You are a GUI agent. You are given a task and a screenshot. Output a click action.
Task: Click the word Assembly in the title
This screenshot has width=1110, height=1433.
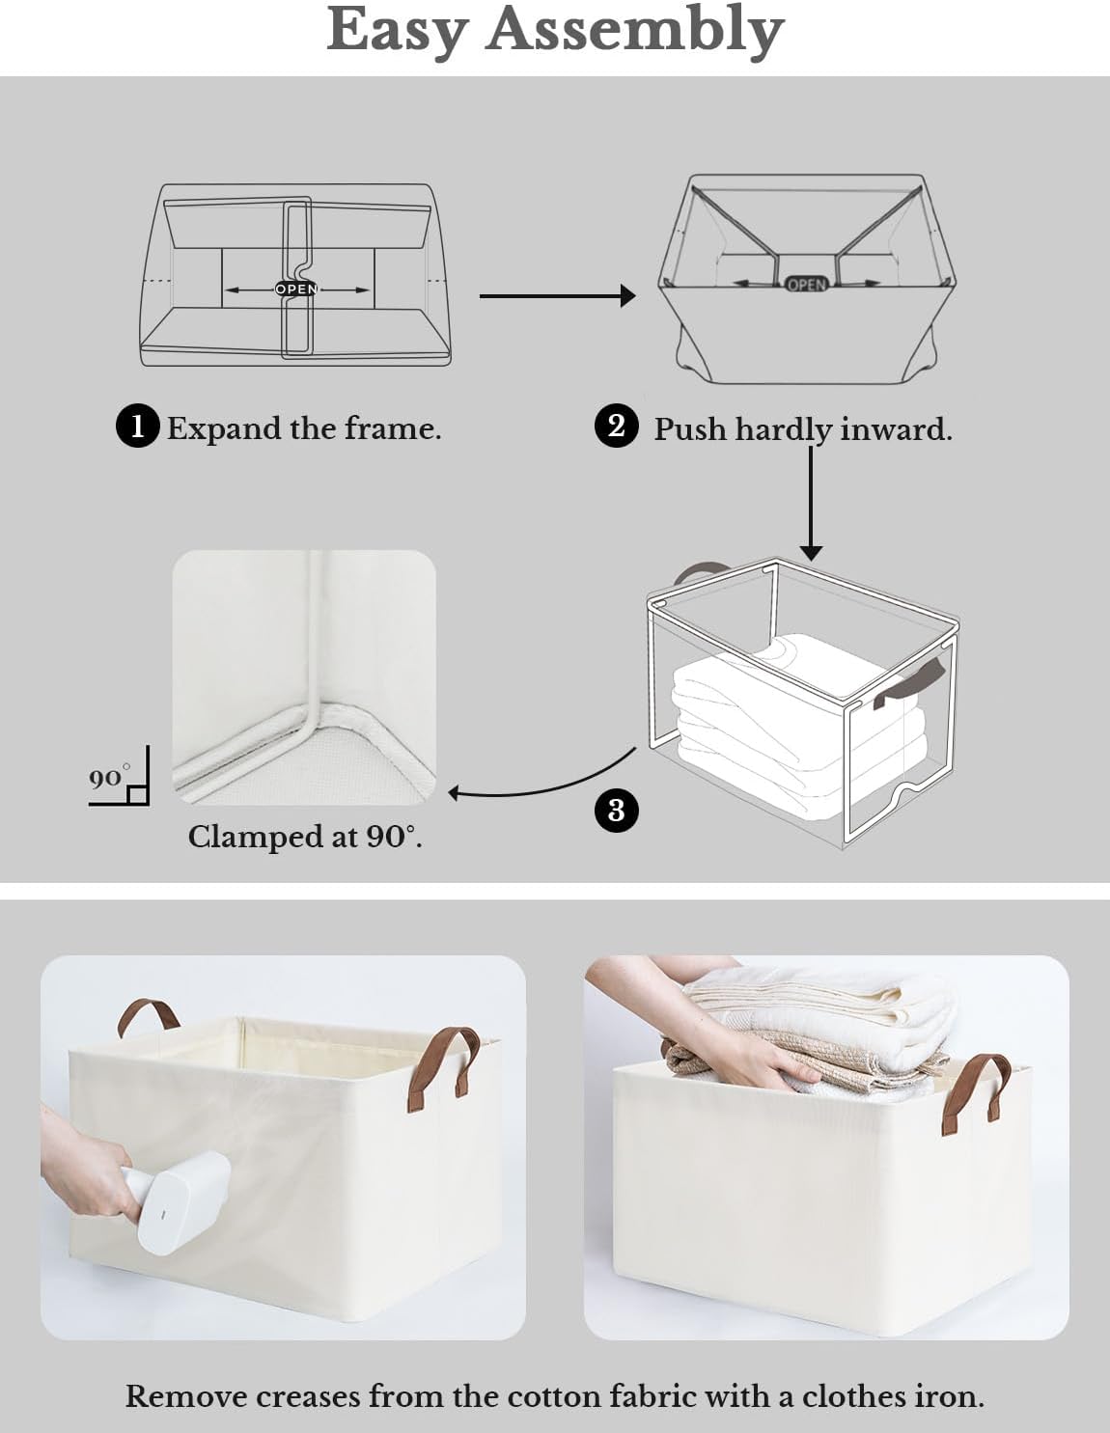tap(634, 31)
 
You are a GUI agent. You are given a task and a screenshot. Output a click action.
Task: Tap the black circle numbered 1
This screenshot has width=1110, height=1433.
tap(137, 427)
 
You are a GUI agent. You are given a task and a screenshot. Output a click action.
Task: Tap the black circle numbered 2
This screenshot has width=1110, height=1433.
tap(617, 426)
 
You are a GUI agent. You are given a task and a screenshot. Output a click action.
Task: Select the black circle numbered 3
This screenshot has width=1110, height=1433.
tap(617, 810)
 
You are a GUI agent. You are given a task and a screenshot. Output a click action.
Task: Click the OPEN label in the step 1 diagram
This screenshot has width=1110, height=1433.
tap(296, 289)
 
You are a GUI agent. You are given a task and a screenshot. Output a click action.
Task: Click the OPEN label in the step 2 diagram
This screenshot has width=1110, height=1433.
tap(806, 284)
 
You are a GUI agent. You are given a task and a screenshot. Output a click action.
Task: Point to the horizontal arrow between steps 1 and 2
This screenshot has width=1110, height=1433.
tap(557, 295)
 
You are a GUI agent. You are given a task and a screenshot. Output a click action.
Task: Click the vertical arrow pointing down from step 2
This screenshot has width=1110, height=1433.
tap(811, 502)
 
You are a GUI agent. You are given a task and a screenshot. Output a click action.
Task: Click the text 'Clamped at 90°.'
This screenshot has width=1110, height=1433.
tap(305, 837)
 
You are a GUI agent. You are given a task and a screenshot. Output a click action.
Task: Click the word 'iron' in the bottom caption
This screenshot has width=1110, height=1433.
tap(951, 1396)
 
